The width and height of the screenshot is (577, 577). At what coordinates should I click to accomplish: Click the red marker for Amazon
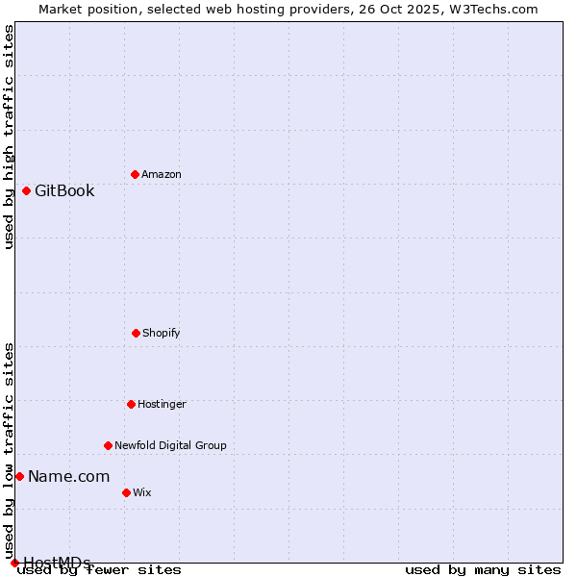(x=135, y=174)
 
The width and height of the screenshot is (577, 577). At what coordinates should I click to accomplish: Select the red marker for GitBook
(x=26, y=190)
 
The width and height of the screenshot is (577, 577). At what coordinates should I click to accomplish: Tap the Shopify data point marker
(x=136, y=333)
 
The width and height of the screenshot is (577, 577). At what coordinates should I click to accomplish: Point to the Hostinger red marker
(x=131, y=404)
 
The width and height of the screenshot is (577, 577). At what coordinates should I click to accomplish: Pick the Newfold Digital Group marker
(x=108, y=445)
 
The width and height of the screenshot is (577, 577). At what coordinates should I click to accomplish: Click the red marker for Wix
(x=126, y=492)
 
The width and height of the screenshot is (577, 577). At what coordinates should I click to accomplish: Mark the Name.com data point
(x=19, y=476)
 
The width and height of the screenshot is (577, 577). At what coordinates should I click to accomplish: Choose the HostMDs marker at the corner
(x=14, y=563)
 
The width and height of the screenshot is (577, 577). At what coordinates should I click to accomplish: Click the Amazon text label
(x=162, y=174)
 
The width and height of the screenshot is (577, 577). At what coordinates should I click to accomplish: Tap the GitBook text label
(x=64, y=190)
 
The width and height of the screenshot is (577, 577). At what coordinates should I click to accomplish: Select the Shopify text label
(x=162, y=333)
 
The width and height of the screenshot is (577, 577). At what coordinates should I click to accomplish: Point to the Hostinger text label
(x=162, y=404)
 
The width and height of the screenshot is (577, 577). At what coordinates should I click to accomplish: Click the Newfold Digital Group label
(x=170, y=445)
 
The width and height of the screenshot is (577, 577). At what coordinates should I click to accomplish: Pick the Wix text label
(x=142, y=492)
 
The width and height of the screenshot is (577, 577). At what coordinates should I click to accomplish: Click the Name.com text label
(x=68, y=476)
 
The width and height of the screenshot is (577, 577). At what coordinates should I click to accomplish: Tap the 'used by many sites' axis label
(x=483, y=569)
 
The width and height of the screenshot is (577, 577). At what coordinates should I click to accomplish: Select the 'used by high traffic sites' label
(x=9, y=137)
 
